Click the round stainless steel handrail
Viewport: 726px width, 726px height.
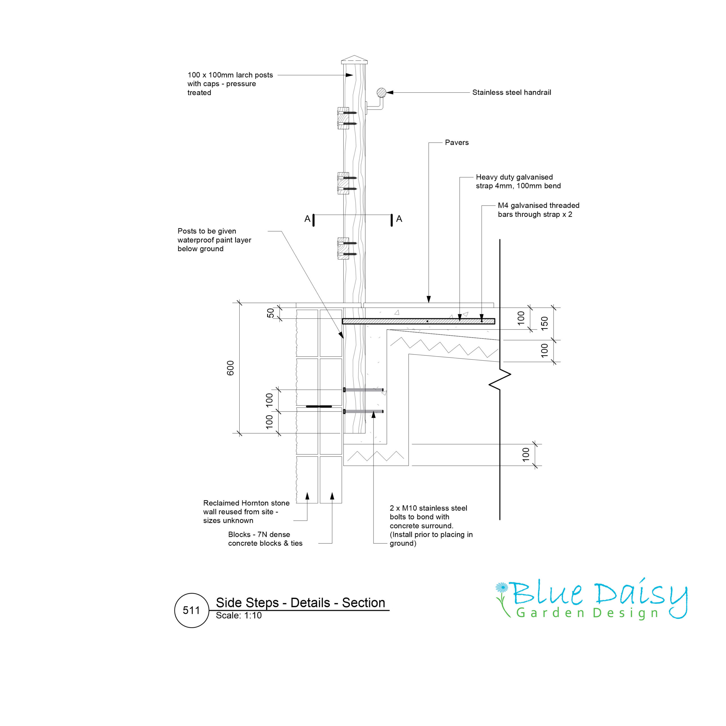(381, 92)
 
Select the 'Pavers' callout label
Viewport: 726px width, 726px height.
(457, 142)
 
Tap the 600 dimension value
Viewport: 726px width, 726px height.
(230, 368)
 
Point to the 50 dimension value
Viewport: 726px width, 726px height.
(271, 313)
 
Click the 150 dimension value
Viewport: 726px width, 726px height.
(544, 324)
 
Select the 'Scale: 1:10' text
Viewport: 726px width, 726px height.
(239, 615)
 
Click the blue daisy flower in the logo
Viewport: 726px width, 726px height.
(501, 587)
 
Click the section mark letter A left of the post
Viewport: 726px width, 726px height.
(307, 219)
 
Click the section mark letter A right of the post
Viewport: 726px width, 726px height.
(399, 219)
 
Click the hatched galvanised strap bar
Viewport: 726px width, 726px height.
(418, 321)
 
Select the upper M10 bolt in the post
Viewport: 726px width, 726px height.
(363, 390)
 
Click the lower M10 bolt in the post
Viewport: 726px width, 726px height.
(363, 411)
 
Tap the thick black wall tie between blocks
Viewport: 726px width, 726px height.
(319, 406)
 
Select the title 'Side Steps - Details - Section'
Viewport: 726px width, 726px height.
(300, 602)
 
